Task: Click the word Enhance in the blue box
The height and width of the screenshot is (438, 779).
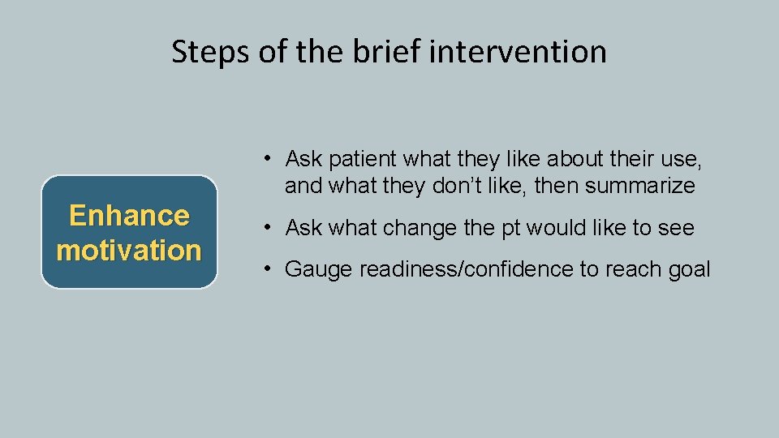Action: (x=129, y=216)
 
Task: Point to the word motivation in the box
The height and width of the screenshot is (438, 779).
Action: (x=129, y=250)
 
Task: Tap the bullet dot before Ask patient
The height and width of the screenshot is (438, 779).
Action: (x=267, y=157)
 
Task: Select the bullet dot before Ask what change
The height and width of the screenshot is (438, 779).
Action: (x=267, y=228)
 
